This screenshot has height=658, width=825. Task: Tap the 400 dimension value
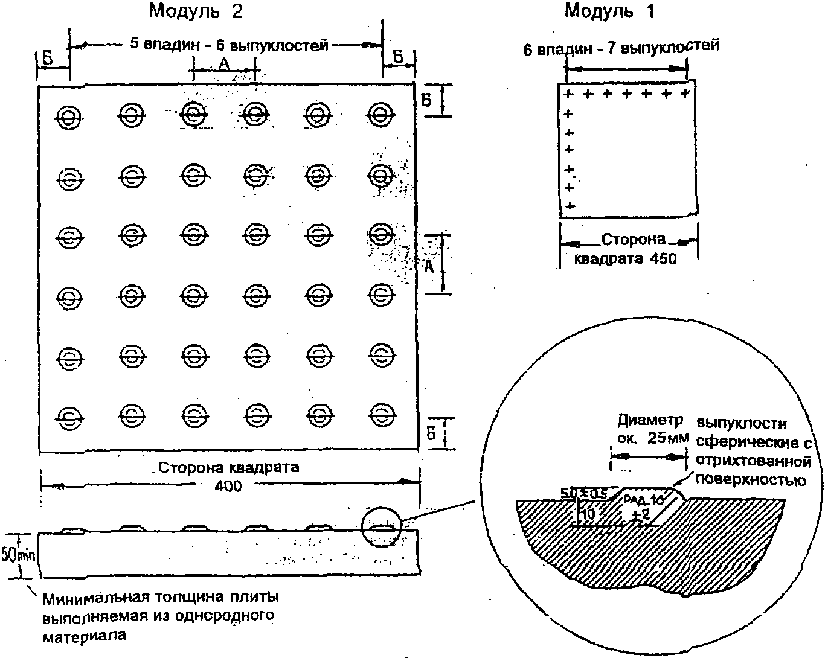tap(229, 485)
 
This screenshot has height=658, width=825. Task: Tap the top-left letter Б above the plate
tap(47, 59)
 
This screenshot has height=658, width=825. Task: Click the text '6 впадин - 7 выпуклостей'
tap(621, 48)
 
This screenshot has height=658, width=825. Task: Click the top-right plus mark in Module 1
tap(685, 94)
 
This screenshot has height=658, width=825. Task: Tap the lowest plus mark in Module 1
tap(568, 206)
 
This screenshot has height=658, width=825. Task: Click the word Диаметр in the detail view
tap(650, 420)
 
